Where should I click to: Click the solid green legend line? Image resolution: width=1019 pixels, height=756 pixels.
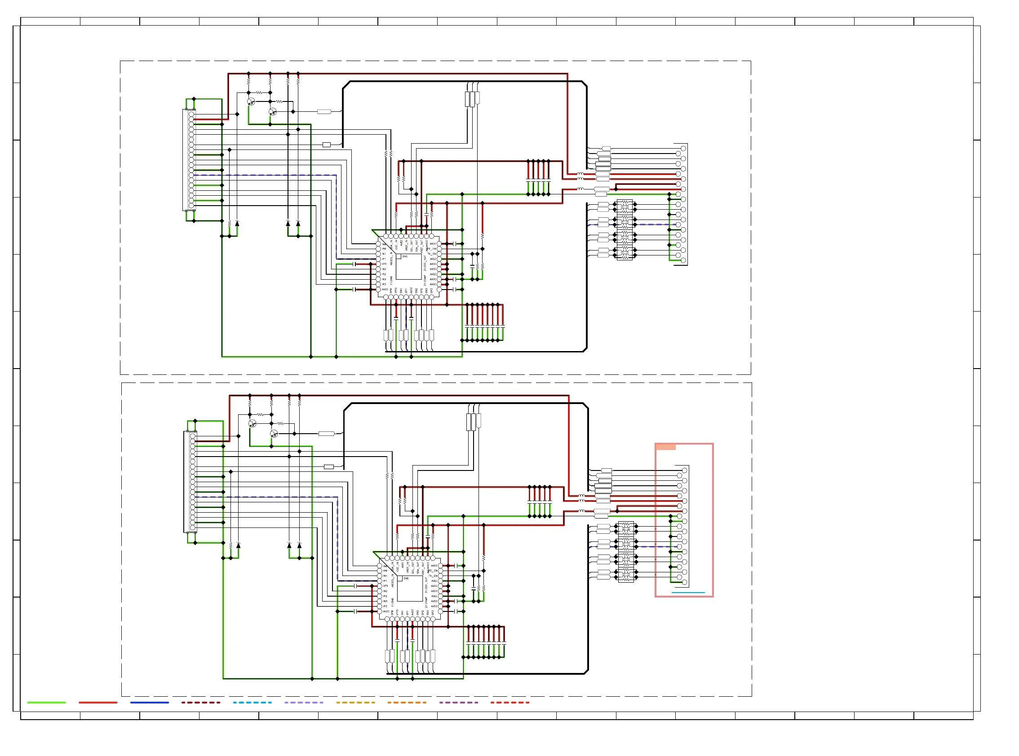pos(46,702)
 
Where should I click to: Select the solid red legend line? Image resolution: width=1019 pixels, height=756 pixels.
pos(98,702)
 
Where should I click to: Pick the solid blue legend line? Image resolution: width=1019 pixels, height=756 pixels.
pos(149,702)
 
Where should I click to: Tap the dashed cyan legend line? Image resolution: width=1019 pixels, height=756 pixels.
pos(252,702)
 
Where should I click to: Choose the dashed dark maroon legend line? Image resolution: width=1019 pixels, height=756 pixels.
pos(200,702)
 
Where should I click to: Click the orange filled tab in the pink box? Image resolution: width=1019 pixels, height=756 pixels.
pos(665,447)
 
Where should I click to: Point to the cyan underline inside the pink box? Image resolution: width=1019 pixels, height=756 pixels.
pos(688,593)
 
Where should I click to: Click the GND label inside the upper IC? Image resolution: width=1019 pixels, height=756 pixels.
pos(405,257)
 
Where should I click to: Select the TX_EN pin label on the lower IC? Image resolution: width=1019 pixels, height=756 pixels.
pos(433,576)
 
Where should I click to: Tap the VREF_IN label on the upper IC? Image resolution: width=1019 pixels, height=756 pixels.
pos(407,245)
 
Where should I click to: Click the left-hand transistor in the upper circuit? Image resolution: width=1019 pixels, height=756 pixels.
pos(251,101)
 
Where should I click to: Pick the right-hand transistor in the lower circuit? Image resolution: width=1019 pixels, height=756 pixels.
pos(274,433)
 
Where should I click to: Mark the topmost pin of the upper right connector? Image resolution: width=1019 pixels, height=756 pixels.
pos(683,148)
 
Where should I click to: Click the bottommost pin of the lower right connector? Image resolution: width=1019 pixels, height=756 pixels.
pos(684,583)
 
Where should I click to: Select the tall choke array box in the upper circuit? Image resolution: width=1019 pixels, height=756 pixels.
pos(625,230)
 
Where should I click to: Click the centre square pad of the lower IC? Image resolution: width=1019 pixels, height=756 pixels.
pos(410,589)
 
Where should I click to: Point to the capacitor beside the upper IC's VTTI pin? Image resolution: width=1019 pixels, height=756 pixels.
pos(355,264)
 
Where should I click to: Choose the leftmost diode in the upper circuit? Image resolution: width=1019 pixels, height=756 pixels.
pos(230,223)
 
